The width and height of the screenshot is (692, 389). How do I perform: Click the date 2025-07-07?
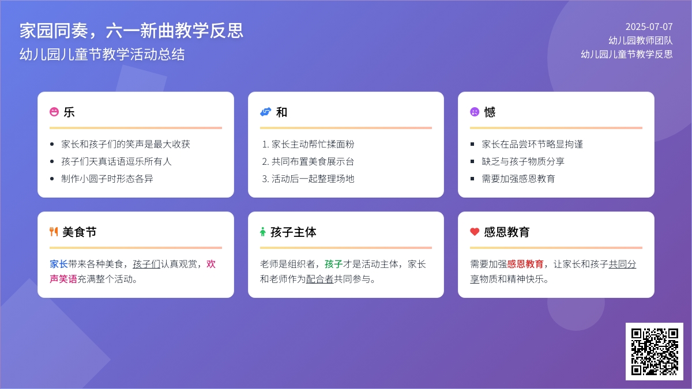tap(649, 27)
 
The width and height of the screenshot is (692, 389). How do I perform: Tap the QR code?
tap(655, 352)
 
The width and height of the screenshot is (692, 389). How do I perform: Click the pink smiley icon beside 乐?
tap(54, 112)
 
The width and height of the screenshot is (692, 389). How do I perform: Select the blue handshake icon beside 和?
tap(265, 112)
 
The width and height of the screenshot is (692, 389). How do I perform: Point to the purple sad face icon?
tap(475, 112)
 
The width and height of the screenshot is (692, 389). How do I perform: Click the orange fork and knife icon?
tap(54, 232)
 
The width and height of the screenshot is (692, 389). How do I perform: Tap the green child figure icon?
tap(262, 232)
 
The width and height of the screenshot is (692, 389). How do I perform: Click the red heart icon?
tap(475, 232)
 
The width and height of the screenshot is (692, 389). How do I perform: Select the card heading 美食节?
tap(80, 232)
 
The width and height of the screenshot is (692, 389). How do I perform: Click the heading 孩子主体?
tap(293, 232)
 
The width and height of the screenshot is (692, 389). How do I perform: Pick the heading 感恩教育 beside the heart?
tap(507, 232)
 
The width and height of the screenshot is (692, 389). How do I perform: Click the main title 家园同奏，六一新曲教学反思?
tap(131, 31)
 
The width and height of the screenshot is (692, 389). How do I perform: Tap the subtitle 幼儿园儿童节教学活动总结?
tap(102, 54)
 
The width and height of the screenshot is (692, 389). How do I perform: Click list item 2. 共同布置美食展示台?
tap(308, 161)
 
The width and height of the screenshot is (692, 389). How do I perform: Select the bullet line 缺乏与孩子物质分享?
tap(523, 161)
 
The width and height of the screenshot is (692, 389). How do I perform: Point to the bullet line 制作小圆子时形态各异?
tap(107, 179)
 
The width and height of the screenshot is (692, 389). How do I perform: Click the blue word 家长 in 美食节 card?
tap(59, 264)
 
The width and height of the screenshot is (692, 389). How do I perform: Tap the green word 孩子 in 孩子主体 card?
tap(334, 264)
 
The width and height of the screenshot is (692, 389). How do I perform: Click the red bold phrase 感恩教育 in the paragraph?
tap(525, 264)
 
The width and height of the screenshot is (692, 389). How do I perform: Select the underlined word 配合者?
tap(319, 279)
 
